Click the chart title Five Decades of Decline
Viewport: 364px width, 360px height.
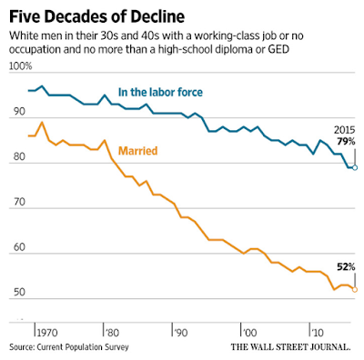(x=96, y=16)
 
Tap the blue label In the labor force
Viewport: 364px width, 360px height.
(x=160, y=92)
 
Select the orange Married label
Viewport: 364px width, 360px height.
(x=137, y=151)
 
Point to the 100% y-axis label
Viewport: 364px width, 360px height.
(x=20, y=66)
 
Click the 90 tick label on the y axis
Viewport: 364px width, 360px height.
(x=19, y=112)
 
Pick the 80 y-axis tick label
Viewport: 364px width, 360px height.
(x=19, y=156)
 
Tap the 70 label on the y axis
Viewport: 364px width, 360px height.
(x=19, y=202)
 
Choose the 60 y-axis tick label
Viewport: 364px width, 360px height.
(x=19, y=247)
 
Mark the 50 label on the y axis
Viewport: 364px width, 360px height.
(x=19, y=292)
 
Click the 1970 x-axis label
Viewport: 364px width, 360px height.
(x=47, y=333)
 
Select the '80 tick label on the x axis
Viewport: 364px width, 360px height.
(x=111, y=333)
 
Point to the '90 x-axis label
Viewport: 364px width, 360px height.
(x=180, y=333)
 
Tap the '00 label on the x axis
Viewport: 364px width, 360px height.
(x=249, y=333)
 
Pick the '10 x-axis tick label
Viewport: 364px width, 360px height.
(x=317, y=333)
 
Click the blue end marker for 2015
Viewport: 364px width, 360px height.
(x=355, y=167)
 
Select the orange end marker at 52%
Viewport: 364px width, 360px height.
(x=355, y=290)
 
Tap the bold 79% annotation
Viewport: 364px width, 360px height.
(x=346, y=141)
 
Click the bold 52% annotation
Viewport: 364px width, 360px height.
(x=346, y=267)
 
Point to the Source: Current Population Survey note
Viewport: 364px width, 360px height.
(x=69, y=347)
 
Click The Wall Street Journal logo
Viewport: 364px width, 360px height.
(x=291, y=347)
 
